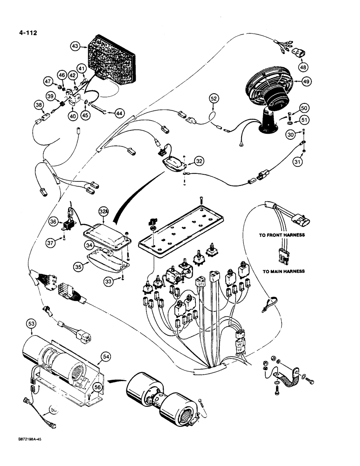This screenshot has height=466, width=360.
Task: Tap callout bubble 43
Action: click(x=76, y=46)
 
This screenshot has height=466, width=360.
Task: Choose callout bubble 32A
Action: click(x=104, y=211)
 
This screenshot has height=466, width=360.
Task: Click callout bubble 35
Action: click(x=79, y=267)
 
